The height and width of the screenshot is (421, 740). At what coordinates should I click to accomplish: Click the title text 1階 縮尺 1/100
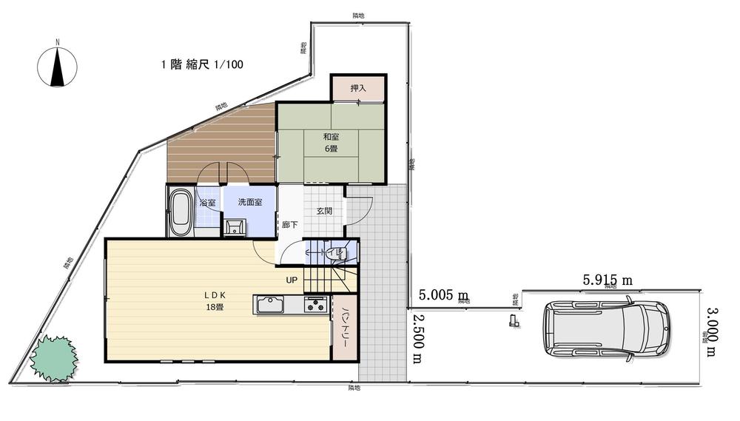[x=202, y=65]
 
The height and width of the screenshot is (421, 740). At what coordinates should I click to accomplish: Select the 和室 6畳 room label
[x=331, y=142]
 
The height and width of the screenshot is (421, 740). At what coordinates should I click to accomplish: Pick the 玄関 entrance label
[x=324, y=211]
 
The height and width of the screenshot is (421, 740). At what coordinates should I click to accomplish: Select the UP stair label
[x=292, y=280]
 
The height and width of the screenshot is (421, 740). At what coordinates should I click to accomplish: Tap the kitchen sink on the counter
[x=270, y=305]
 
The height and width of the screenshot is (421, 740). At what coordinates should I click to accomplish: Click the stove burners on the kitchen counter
[x=316, y=304]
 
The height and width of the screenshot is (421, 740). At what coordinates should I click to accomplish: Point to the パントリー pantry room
[x=346, y=328]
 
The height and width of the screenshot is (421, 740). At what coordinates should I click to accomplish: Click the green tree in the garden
[x=53, y=358]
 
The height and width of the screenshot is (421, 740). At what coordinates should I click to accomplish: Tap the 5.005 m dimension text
[x=444, y=294]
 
